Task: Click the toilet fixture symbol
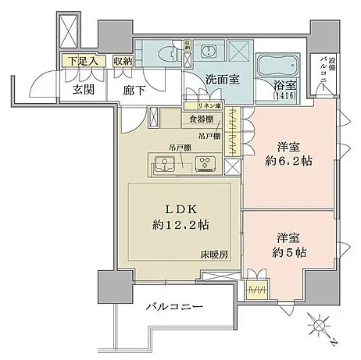(166, 55)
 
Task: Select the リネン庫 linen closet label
(204, 105)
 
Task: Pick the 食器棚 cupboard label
(201, 119)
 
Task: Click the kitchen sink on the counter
(166, 164)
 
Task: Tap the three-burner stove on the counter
(205, 164)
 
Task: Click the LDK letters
(184, 207)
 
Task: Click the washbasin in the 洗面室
(210, 53)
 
